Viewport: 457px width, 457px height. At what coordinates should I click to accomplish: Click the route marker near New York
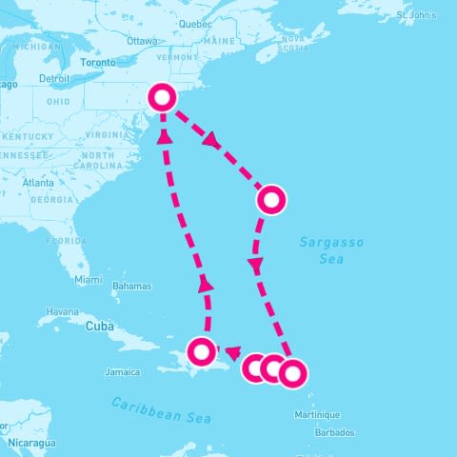click(163, 96)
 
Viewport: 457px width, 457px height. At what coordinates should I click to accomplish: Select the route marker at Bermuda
click(271, 200)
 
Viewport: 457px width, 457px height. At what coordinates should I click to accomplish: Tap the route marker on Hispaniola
click(201, 351)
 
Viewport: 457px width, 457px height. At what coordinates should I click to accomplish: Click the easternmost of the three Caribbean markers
click(292, 372)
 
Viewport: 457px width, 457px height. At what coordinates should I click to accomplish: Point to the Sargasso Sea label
click(331, 250)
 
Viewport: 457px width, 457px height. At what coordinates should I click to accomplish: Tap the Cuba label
click(99, 326)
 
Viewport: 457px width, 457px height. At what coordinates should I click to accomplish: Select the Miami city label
click(89, 280)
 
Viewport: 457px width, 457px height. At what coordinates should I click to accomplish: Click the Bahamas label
click(131, 286)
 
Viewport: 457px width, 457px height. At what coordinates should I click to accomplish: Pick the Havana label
click(63, 311)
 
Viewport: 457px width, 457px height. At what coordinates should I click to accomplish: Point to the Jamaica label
click(123, 371)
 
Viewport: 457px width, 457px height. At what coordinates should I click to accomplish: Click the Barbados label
click(337, 432)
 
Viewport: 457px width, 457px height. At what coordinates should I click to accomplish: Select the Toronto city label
click(98, 62)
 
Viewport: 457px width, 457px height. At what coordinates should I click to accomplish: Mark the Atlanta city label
click(39, 182)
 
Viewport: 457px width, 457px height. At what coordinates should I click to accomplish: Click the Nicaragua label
click(29, 443)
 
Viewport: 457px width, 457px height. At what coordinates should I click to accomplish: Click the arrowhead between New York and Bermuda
click(211, 143)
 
